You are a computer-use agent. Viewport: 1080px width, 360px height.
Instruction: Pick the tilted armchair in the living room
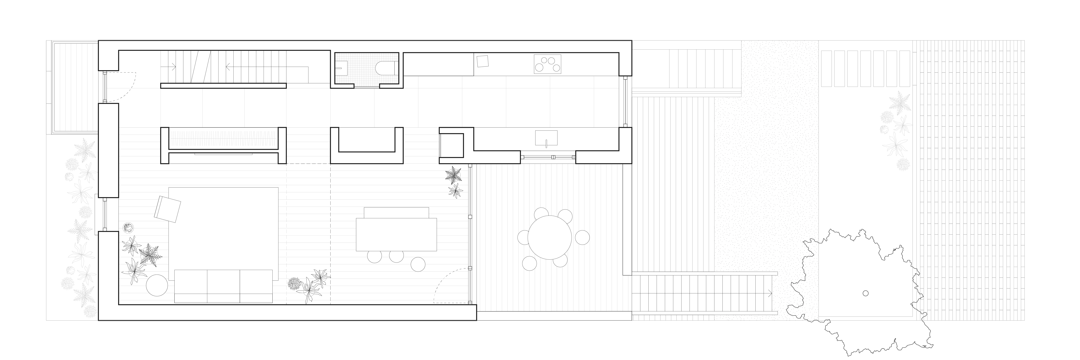(167, 208)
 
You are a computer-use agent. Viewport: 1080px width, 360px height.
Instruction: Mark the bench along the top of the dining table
(396, 213)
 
